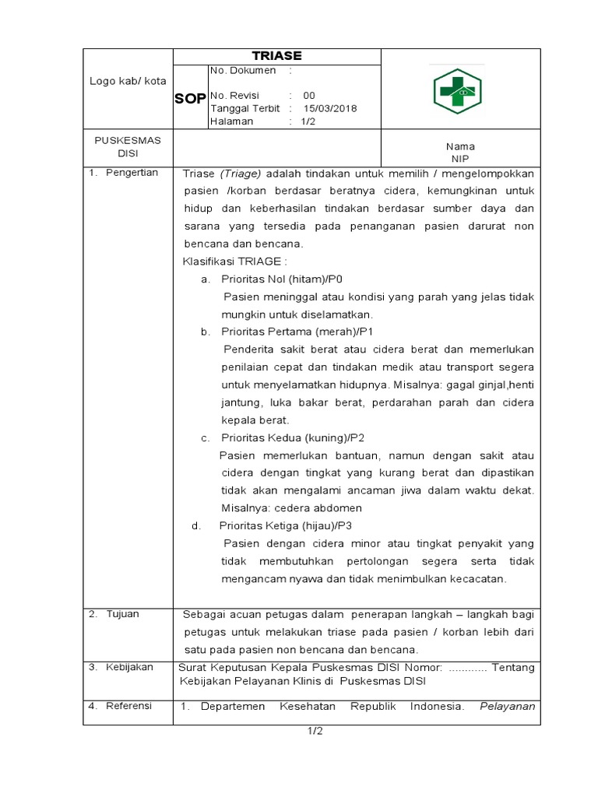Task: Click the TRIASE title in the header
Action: click(276, 56)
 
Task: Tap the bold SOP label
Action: click(190, 98)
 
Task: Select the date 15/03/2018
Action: click(330, 109)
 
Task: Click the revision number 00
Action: click(309, 96)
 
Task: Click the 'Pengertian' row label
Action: click(132, 173)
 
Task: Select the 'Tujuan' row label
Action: click(123, 614)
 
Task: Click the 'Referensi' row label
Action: click(128, 707)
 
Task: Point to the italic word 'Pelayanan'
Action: click(507, 707)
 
